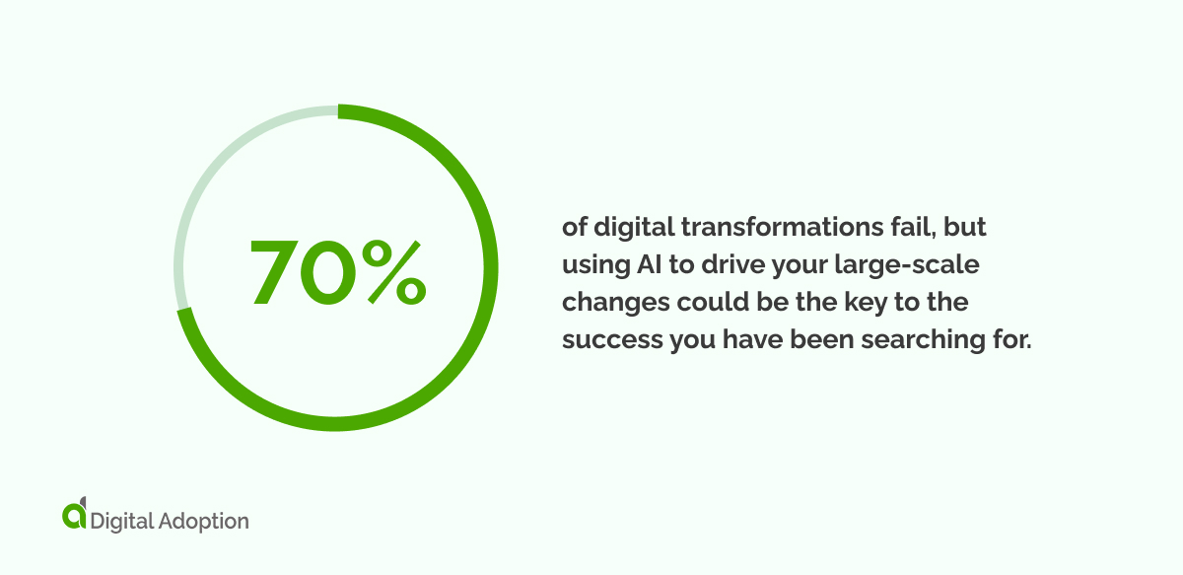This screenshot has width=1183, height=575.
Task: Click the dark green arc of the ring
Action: tap(473, 335)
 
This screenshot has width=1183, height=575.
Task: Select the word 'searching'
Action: tap(931, 340)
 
